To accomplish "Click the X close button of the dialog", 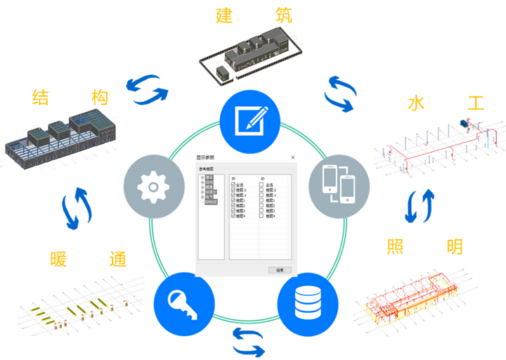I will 292,157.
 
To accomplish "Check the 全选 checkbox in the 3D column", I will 233,185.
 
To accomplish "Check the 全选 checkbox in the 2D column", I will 261,185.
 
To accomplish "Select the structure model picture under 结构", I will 59,139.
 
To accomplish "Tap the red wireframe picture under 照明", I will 415,290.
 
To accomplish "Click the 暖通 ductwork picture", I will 80,301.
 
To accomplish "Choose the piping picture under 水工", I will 438,144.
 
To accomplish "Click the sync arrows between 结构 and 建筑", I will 148,88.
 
